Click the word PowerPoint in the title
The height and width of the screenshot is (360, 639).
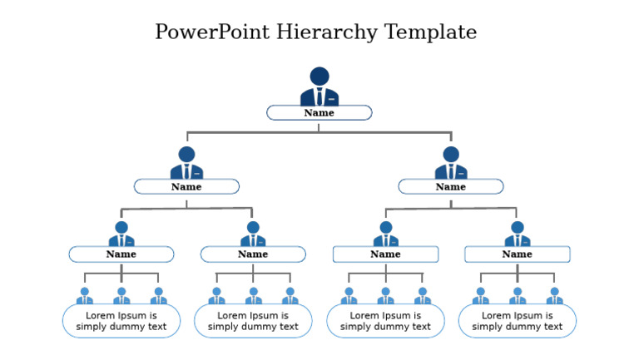click(213, 32)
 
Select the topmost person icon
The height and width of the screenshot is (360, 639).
click(319, 86)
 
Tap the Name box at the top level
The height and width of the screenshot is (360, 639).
click(319, 113)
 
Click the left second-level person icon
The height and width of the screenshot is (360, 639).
click(186, 163)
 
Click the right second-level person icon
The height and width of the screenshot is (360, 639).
click(451, 163)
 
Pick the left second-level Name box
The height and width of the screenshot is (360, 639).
click(186, 187)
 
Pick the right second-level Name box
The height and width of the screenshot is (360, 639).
click(451, 187)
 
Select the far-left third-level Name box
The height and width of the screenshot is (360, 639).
click(121, 254)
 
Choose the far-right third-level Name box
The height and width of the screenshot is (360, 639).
click(518, 254)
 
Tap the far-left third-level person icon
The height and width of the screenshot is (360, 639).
click(121, 234)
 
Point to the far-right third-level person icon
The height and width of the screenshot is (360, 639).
click(518, 234)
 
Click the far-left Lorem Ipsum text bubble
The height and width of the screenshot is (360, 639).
click(121, 321)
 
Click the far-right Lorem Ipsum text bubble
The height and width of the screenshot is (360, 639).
click(518, 321)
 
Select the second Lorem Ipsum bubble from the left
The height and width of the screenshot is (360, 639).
click(253, 321)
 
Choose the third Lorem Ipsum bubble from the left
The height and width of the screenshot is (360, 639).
click(385, 321)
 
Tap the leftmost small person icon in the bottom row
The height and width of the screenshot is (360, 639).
click(85, 296)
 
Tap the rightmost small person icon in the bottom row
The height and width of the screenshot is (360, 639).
click(554, 296)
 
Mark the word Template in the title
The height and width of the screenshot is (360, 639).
click(430, 32)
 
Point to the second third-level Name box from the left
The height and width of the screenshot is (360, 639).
click(253, 254)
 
